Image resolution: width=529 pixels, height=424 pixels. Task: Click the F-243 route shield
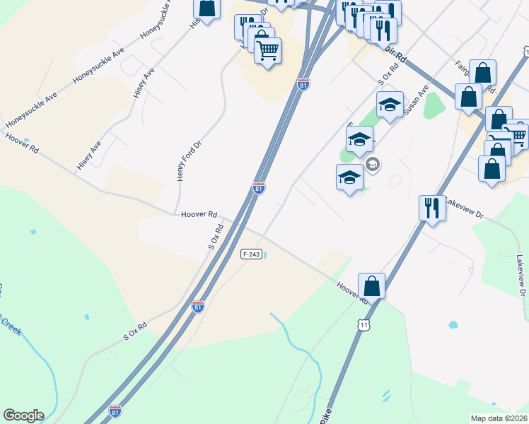click(x=251, y=254)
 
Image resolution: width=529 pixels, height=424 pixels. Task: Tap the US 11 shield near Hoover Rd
click(x=364, y=324)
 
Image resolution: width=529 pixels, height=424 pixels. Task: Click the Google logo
click(x=23, y=416)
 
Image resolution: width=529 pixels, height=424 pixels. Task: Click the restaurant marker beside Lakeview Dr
click(x=432, y=208)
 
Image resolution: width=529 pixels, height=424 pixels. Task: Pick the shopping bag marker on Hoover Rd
click(x=371, y=286)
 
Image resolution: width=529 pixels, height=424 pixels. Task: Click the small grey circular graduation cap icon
click(x=373, y=165)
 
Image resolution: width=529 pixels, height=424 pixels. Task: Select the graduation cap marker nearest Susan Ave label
click(x=390, y=105)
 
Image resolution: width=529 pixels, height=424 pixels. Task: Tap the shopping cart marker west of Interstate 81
click(x=267, y=51)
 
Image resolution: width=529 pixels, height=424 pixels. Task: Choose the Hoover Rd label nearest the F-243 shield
click(x=199, y=213)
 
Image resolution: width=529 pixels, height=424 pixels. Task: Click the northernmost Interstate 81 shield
click(x=303, y=84)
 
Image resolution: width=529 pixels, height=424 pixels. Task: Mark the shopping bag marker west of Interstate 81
click(x=207, y=7)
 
